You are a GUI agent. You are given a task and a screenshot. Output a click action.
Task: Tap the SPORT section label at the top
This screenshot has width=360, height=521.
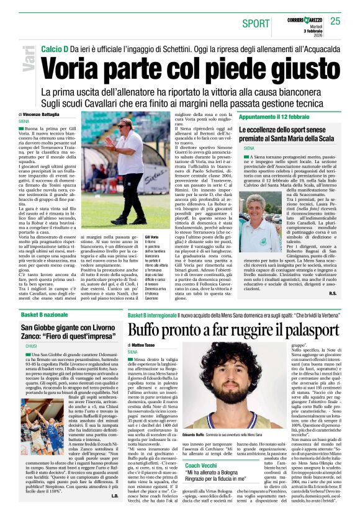pyautogui.click(x=256, y=24)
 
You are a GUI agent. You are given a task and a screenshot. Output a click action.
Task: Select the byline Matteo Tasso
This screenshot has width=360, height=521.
pyautogui.click(x=144, y=344)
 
